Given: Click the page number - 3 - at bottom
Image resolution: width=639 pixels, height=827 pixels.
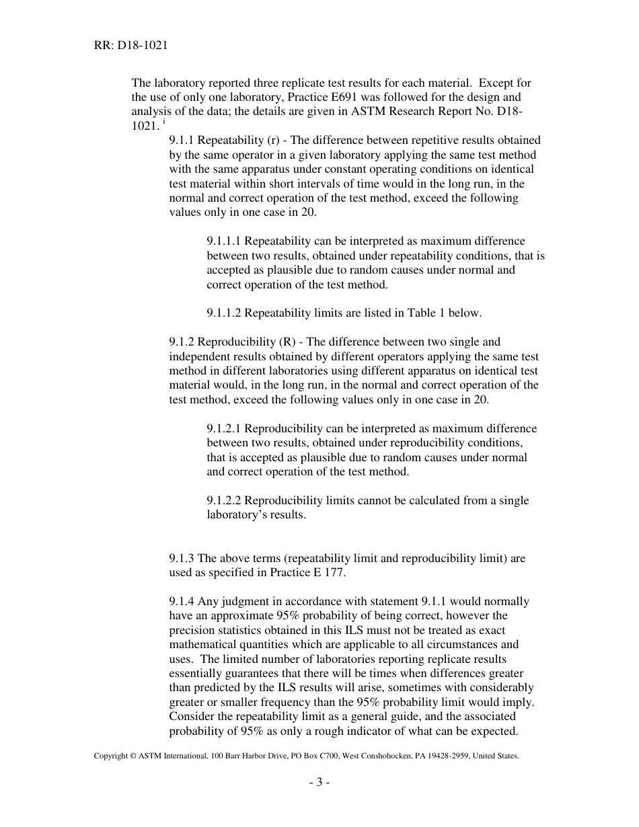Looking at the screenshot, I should pos(319,782).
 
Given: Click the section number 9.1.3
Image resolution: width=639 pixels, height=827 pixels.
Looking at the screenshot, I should pos(182,558).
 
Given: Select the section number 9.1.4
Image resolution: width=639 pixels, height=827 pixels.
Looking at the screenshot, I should pos(182,601).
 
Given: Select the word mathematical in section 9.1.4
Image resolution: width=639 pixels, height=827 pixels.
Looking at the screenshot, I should pos(200,644).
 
